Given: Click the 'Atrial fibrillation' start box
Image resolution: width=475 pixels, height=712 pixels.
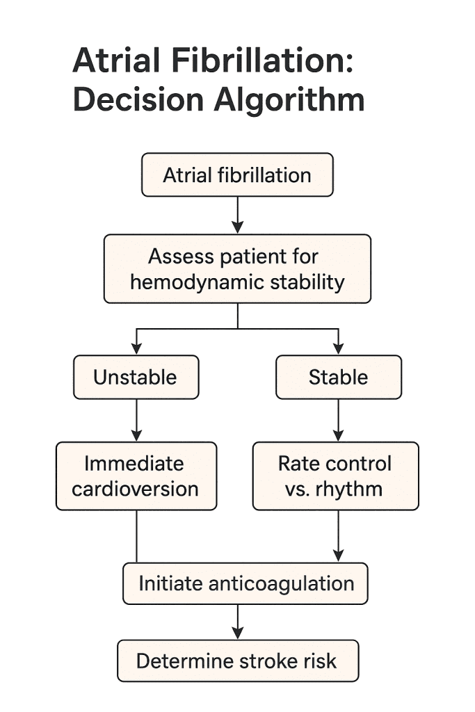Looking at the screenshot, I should (x=237, y=175).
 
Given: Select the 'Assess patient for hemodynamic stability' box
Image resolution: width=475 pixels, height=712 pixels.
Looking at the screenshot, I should (x=237, y=268).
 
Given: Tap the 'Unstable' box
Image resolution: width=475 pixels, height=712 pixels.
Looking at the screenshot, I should (x=136, y=377).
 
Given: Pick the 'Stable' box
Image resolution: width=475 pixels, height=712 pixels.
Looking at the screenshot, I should (x=338, y=377).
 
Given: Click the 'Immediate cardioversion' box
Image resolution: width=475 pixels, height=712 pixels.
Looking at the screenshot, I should (x=136, y=476).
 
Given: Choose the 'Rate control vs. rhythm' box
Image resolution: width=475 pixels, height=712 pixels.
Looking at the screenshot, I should (x=335, y=476).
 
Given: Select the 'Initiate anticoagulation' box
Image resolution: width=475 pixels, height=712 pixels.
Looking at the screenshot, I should (x=245, y=583).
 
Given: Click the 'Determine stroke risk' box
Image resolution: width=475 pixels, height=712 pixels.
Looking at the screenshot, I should (x=237, y=661).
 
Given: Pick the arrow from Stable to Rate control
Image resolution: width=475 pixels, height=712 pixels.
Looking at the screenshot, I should (x=338, y=420).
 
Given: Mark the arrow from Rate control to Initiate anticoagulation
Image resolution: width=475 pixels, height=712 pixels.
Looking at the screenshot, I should (x=338, y=535).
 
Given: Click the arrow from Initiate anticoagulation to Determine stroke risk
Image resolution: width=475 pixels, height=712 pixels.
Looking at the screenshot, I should (x=237, y=621).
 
